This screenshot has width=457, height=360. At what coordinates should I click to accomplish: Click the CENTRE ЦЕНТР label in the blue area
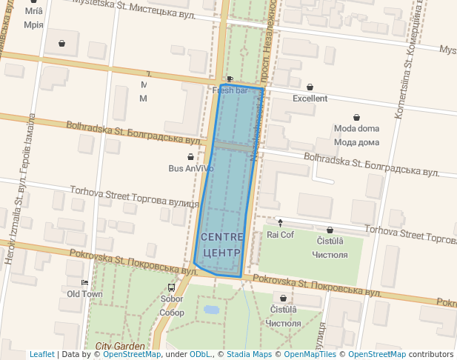coord(221,244)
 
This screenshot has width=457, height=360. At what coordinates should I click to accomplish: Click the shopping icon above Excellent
coord(310,87)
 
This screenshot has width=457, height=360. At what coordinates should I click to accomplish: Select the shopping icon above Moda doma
coord(357,117)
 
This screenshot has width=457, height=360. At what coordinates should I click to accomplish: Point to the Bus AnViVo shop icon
coord(191,157)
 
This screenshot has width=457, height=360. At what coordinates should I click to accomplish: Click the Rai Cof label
coord(280,235)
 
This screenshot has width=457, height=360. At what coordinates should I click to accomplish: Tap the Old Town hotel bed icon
coord(84,283)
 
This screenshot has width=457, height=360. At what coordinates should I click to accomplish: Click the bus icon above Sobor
coord(172,288)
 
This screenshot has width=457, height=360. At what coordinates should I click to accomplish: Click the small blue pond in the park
coord(211,310)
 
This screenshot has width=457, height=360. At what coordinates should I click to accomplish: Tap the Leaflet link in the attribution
coord(41,355)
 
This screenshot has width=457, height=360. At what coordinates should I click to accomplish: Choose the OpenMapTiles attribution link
coord(310,355)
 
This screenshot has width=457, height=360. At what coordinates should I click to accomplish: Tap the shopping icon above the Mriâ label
coord(33,2)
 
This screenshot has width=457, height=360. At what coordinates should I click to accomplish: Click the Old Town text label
coord(84,294)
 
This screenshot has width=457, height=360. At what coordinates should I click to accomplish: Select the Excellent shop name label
coord(310,99)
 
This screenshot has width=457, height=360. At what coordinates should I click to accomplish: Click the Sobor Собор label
coord(172,306)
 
